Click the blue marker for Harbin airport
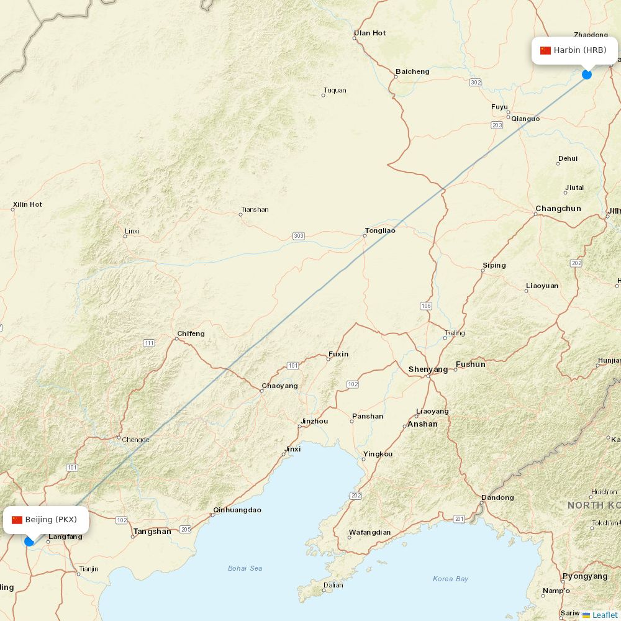coord(587,75)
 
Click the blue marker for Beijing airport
coord(29,541)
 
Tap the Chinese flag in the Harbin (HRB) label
coord(545,50)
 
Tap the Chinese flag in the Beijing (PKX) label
coord(17,520)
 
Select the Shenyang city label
coord(428,369)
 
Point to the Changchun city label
coord(558,209)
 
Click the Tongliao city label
coord(380,230)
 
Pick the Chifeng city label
coord(191,333)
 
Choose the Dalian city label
coord(333,584)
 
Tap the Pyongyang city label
coord(584,576)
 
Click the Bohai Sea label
coord(245,568)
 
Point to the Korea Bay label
coord(450,579)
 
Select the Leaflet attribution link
coord(604,615)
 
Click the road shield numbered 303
coord(299,236)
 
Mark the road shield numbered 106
coord(425,306)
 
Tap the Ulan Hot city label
coord(369,33)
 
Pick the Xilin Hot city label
coord(27,204)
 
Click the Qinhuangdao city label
coord(237,510)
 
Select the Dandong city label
coord(497,497)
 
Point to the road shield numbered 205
coord(185,529)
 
